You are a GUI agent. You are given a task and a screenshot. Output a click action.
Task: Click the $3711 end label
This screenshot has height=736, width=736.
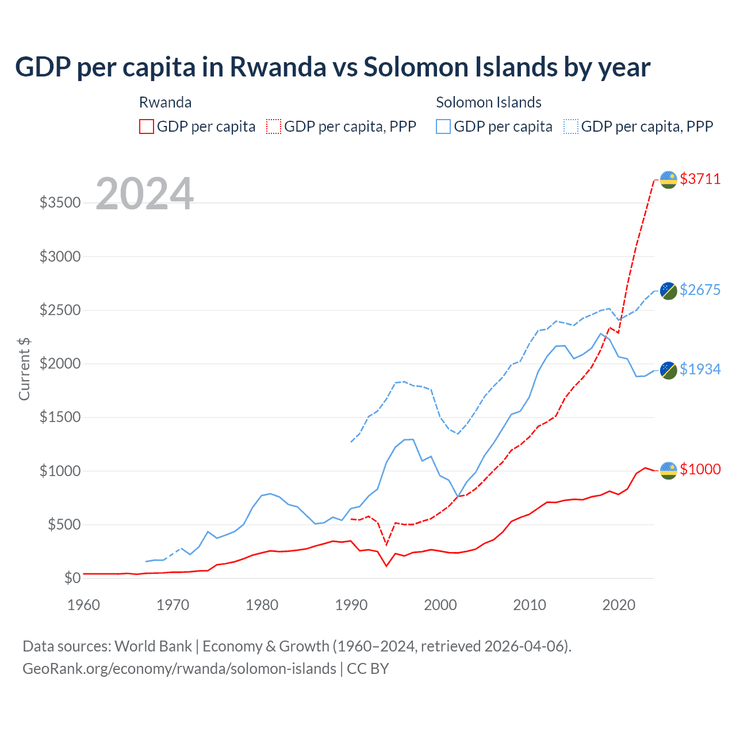coord(700,179)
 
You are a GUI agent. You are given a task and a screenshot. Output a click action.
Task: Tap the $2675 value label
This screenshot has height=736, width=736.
coord(700,290)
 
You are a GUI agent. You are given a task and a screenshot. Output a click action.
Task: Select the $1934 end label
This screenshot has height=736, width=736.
coord(700,369)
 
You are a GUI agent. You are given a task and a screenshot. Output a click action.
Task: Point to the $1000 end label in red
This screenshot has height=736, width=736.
coord(700,469)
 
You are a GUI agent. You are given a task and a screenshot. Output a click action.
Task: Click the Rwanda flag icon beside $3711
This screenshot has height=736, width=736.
coord(668,179)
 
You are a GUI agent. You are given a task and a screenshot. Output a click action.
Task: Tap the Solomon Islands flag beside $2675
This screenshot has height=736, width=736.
coord(668,290)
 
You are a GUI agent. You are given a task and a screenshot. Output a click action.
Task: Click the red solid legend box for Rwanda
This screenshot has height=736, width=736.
coord(147,126)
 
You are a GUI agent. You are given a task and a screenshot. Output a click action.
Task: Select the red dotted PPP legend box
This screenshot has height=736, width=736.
coord(274,126)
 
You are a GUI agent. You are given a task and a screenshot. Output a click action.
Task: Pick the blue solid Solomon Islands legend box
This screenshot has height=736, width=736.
coord(443,126)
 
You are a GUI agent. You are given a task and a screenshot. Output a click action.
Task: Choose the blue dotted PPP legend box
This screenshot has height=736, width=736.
coord(571,126)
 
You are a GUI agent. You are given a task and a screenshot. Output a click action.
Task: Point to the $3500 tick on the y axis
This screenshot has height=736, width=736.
coord(60,203)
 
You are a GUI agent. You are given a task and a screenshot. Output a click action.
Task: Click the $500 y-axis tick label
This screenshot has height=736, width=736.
coord(63,524)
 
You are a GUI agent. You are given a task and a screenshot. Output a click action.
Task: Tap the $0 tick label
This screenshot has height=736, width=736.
coord(72,578)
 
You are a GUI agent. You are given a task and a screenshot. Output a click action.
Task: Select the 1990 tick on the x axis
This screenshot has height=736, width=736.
coord(351,605)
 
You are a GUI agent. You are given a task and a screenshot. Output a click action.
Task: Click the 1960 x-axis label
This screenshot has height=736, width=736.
coord(84,605)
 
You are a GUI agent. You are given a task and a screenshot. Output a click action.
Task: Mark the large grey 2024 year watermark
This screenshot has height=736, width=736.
coord(144,194)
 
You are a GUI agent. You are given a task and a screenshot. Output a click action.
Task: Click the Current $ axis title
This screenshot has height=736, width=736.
coord(24,369)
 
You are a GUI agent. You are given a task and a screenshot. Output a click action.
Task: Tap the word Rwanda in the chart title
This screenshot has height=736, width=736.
coord(278,67)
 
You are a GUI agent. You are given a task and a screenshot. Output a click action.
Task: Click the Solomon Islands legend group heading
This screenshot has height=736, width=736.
coord(489,102)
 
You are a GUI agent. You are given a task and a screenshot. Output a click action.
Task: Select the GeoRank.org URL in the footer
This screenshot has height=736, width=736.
coord(179,669)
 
